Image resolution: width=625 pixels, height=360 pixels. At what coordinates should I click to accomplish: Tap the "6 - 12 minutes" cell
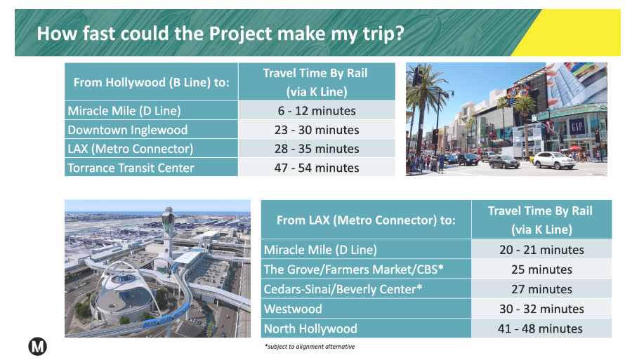pos(315,111)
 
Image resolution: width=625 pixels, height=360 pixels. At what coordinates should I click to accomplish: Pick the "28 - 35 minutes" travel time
pos(315,149)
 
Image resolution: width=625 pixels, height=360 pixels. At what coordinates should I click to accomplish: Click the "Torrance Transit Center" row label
pos(131,168)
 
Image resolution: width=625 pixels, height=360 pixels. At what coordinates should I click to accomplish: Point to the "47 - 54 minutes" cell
pos(315,168)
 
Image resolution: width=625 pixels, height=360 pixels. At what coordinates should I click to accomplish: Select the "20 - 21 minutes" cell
pos(540,250)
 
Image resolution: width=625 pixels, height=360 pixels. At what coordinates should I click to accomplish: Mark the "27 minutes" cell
pos(540,289)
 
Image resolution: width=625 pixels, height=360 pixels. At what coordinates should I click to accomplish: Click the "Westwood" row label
pos(293,309)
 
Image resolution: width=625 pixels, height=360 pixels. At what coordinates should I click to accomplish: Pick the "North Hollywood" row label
pos(310,328)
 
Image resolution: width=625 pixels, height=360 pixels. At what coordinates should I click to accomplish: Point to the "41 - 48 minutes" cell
pos(540,328)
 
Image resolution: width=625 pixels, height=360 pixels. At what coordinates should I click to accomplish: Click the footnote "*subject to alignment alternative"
pos(309,347)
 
